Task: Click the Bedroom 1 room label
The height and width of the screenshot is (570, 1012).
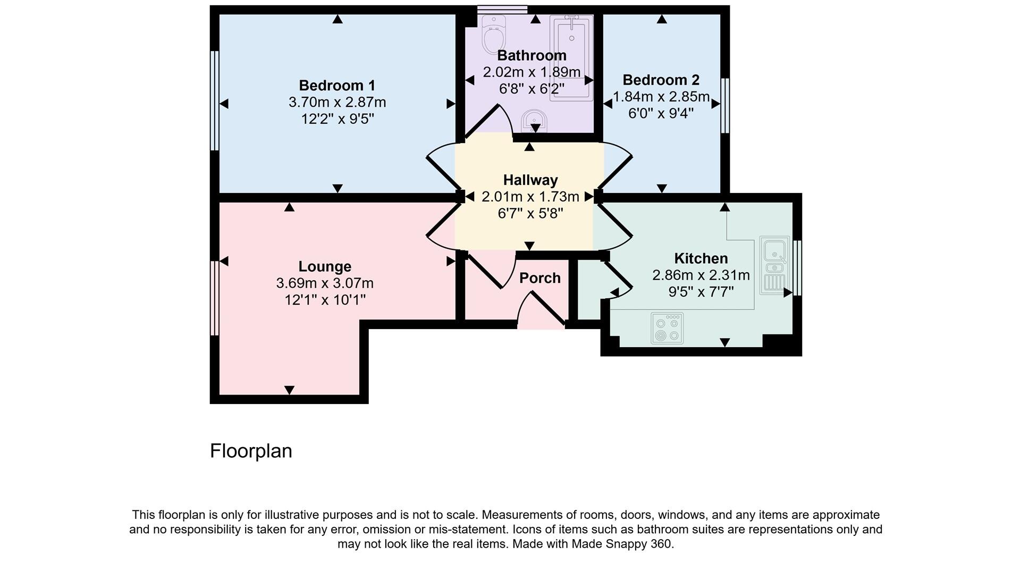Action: [x=337, y=85]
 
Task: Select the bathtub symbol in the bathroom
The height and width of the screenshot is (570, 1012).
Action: [x=571, y=57]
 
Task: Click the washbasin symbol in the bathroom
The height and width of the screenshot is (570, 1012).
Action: [x=533, y=121]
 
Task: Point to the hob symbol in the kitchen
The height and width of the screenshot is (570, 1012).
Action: [x=667, y=329]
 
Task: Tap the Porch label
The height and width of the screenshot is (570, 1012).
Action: [x=539, y=278]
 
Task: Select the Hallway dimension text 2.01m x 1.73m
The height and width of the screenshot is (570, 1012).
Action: [x=530, y=197]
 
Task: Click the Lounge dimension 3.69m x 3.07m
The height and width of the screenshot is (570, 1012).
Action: [x=325, y=283]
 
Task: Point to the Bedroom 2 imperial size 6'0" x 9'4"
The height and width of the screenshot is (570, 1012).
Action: [x=661, y=113]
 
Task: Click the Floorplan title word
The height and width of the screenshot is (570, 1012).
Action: [x=251, y=451]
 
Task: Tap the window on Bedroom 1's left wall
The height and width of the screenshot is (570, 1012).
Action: [x=214, y=101]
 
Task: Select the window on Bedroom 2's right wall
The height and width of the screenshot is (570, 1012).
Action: [x=724, y=105]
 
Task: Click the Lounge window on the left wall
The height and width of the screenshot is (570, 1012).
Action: [x=214, y=298]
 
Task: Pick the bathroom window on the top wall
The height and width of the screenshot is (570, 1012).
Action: [x=502, y=9]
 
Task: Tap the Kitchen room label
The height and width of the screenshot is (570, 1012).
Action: [x=701, y=258]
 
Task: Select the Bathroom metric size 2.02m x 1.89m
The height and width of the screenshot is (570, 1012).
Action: [x=532, y=72]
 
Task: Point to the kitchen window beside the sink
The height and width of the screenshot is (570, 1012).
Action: [x=797, y=267]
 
